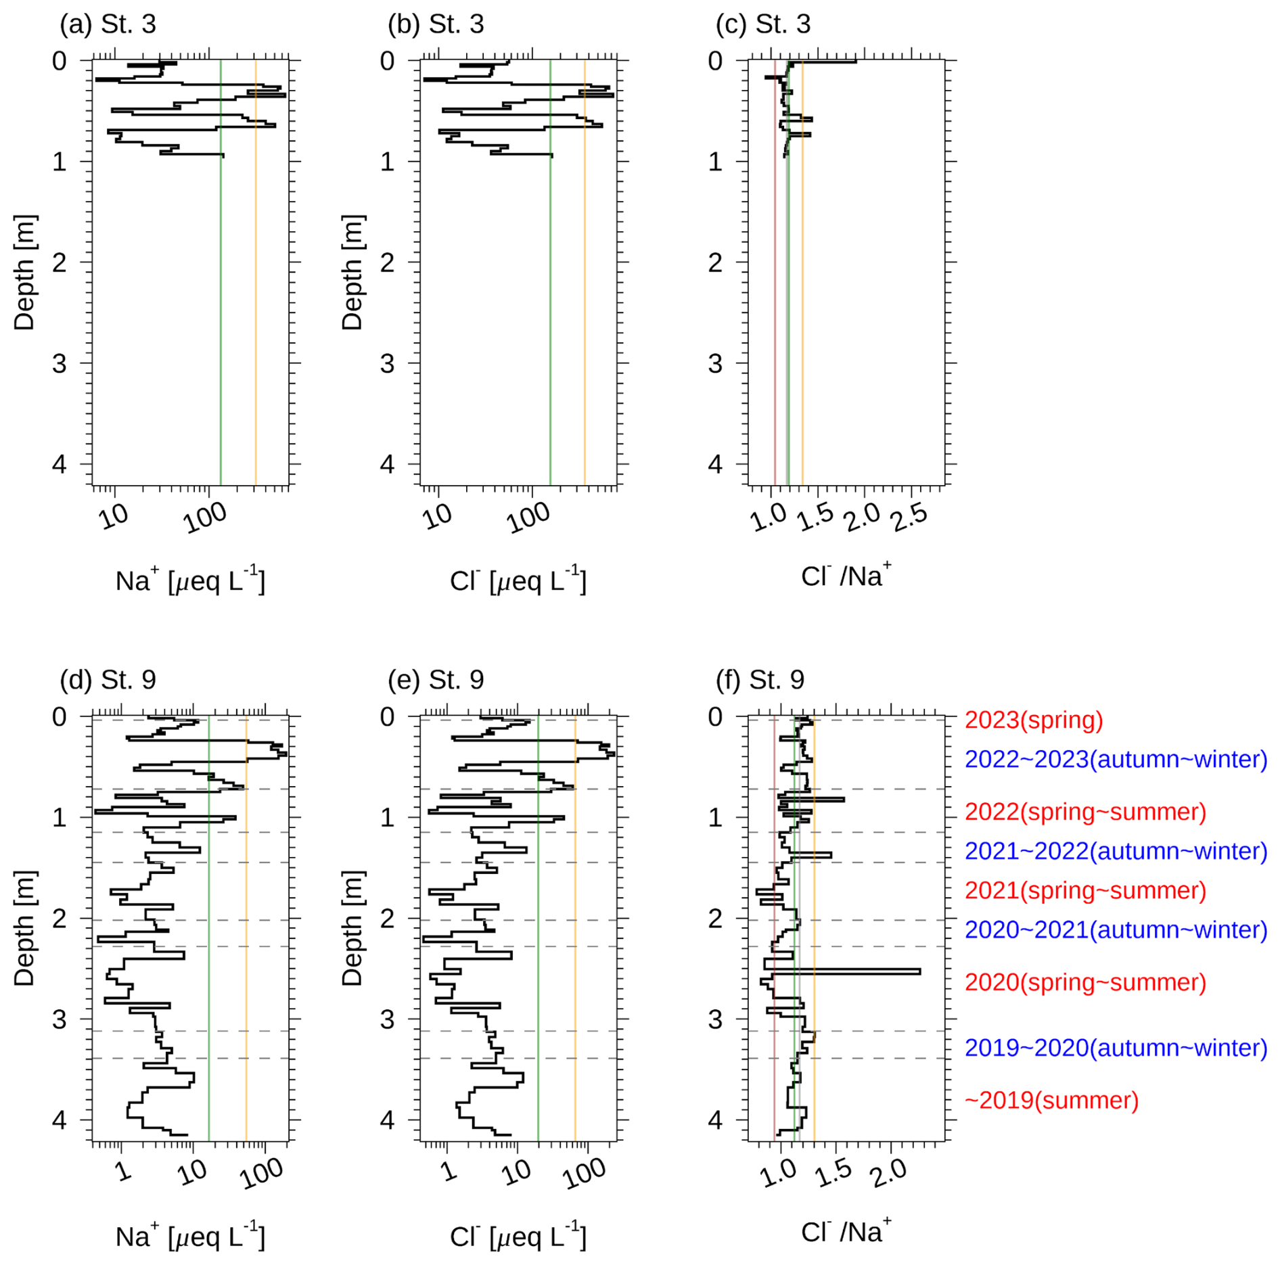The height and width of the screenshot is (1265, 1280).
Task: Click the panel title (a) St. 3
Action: (108, 24)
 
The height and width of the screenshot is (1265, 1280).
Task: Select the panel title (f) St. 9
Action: (760, 680)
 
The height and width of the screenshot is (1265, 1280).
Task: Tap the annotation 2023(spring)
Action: (1033, 720)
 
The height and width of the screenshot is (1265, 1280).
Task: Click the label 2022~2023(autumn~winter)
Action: (1115, 760)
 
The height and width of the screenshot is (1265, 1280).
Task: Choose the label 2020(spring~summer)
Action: (1084, 982)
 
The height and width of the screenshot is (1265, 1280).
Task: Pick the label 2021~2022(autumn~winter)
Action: (1115, 851)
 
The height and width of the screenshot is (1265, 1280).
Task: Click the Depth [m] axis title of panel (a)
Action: (24, 273)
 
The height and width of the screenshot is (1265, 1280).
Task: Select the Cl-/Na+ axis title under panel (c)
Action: (846, 576)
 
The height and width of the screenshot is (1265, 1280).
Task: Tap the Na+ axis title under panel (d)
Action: (190, 1236)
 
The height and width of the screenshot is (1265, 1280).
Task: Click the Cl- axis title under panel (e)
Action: (518, 1236)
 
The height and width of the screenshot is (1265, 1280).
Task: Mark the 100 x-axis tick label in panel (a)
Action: (206, 518)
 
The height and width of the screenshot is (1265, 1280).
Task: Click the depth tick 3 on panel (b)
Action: (387, 363)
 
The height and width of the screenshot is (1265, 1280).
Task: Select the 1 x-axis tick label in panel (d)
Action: (123, 1170)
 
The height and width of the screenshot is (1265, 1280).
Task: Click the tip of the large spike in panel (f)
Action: (919, 972)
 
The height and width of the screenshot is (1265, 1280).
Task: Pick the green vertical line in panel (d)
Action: (209, 947)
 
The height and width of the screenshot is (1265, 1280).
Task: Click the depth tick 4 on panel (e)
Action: (387, 1120)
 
